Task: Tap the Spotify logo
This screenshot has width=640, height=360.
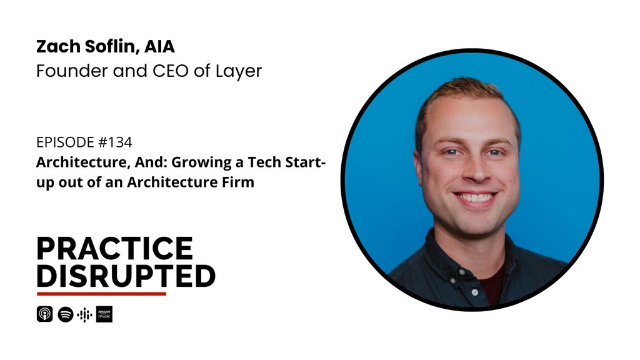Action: [x=66, y=314]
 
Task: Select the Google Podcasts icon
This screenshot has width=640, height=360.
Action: [x=85, y=314]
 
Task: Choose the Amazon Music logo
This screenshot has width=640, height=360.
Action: [x=104, y=314]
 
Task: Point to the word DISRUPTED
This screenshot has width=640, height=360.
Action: [x=126, y=276]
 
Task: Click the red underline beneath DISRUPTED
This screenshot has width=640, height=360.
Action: [x=101, y=294]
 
